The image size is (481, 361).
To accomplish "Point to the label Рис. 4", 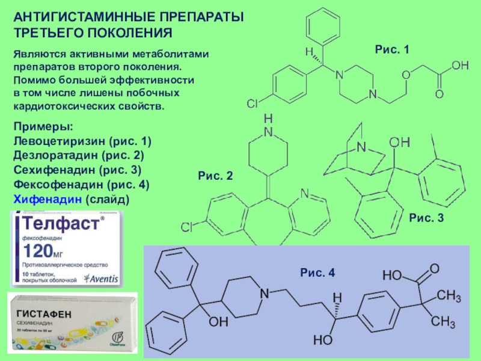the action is pos(317,273).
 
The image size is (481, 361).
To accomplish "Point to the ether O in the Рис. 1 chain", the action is pos(406,74).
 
